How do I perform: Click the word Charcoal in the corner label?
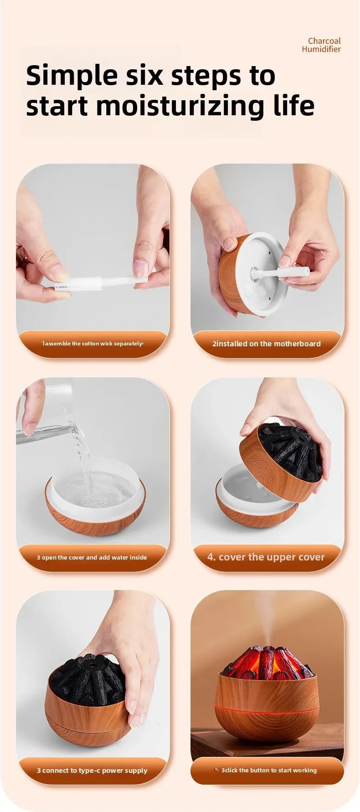324,41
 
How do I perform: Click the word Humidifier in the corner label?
321,49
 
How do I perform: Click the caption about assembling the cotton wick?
93,344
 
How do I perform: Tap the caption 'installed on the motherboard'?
267,344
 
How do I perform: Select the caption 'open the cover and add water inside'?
92,557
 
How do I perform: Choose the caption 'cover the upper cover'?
266,557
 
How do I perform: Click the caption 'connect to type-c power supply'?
92,771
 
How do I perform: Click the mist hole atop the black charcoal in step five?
97,666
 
